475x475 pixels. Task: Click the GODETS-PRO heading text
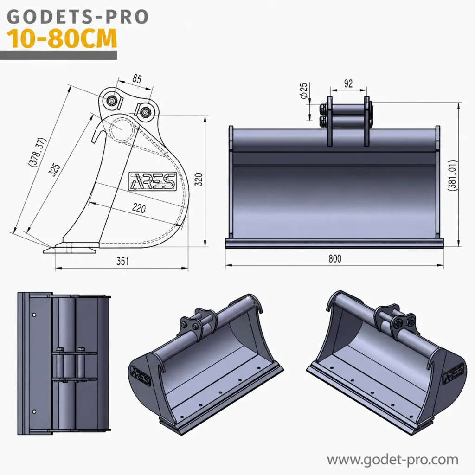coord(77,17)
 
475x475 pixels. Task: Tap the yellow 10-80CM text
coord(62,39)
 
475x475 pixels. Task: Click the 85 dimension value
coord(137,79)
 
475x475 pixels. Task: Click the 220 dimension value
coord(139,208)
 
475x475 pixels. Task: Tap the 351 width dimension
coord(122,261)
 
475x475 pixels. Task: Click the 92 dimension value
coord(348,83)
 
